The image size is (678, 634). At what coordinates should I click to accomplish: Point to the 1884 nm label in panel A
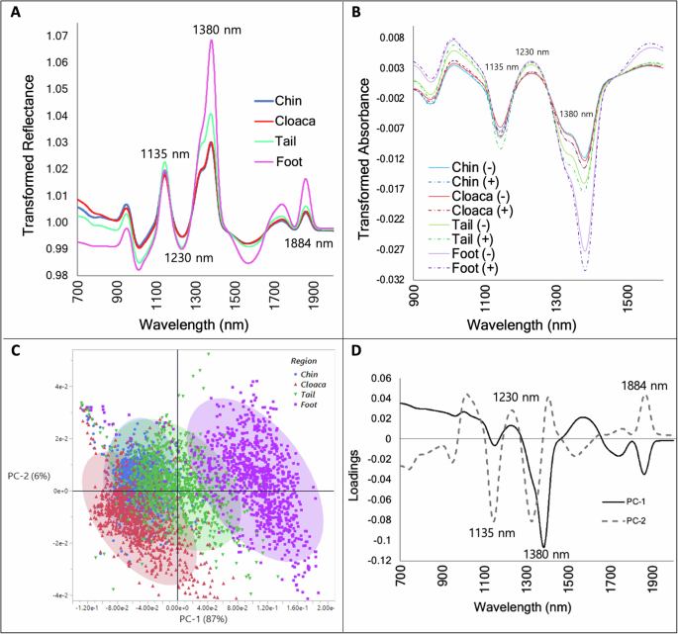click(x=309, y=242)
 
